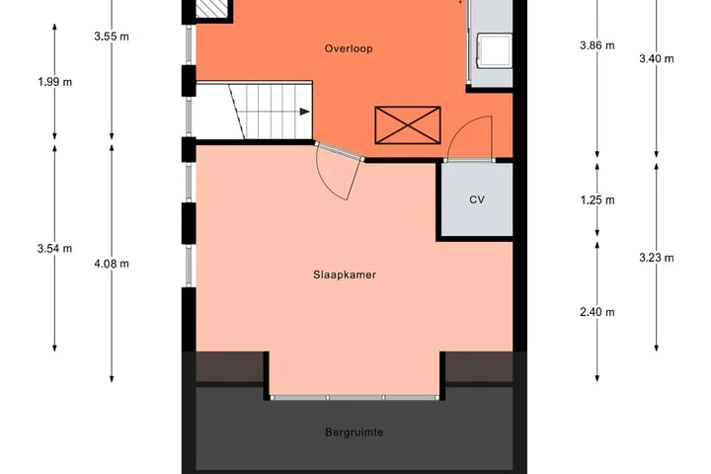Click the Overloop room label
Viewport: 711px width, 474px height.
pos(349,48)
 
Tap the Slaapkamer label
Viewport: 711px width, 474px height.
pos(345,275)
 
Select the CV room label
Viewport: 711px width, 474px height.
pos(477,199)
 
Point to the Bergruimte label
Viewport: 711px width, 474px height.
pos(355,433)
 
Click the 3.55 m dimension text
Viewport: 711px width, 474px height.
pos(112,37)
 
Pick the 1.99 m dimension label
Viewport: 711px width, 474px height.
pos(55,82)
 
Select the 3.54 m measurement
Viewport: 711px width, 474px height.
pos(55,249)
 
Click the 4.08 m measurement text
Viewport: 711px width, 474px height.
pos(112,264)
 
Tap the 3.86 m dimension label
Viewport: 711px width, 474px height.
pos(597,45)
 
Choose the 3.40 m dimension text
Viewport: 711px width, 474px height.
pos(657,58)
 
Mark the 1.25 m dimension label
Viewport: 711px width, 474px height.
pos(597,200)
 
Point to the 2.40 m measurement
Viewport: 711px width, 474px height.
pos(597,312)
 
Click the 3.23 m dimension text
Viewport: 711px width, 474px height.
pos(657,258)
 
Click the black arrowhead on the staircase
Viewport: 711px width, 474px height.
pos(305,112)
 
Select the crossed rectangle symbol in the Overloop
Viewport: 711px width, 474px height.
pos(408,125)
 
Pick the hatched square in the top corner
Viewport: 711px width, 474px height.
pos(211,8)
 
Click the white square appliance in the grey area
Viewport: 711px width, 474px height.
pos(494,50)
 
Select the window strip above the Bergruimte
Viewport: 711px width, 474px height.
pos(355,398)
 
